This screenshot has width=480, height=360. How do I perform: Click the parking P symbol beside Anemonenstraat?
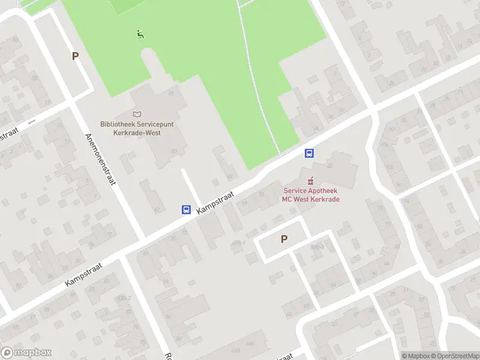(x=75, y=56)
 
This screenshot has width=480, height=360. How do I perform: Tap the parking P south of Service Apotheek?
(x=284, y=239)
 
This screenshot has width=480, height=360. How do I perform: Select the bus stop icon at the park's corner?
(x=310, y=153)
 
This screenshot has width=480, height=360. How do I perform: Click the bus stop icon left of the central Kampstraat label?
(x=187, y=210)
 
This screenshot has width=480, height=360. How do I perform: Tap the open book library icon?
(x=137, y=114)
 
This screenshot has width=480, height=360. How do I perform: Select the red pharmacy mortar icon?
(x=310, y=180)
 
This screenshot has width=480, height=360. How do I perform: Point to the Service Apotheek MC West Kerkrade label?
(x=311, y=195)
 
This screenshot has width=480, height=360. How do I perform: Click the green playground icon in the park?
(x=140, y=34)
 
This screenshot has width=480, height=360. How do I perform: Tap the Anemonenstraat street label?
(x=100, y=158)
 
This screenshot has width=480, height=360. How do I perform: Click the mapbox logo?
(x=26, y=353)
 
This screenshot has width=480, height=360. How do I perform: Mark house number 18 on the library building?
(x=170, y=94)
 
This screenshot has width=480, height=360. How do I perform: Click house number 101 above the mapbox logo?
(x=15, y=327)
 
